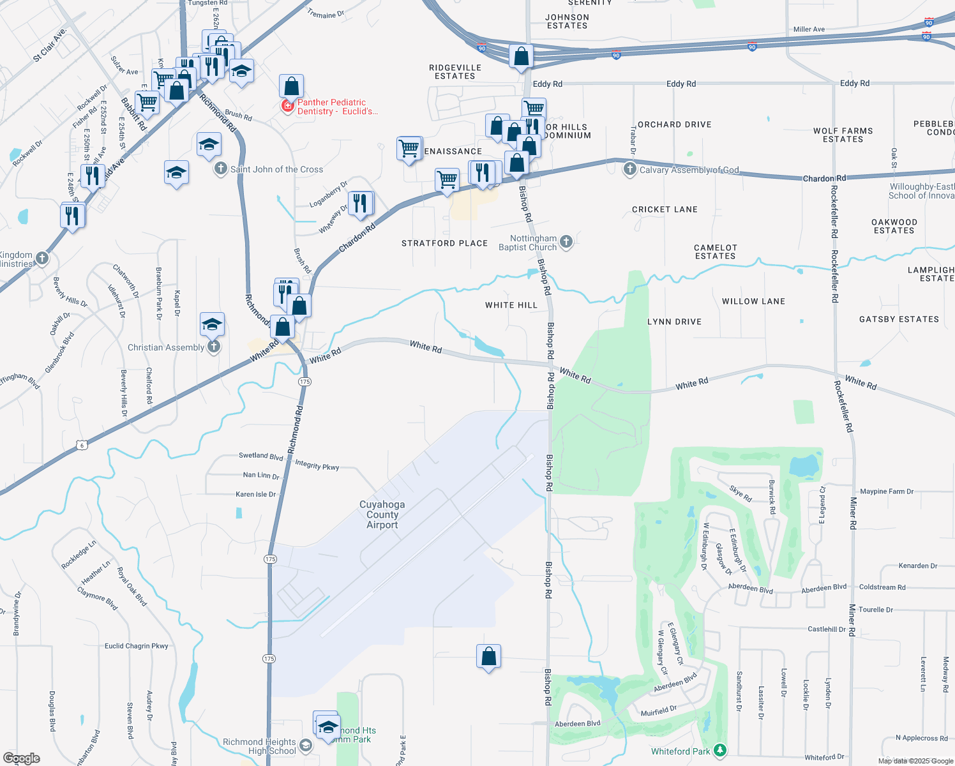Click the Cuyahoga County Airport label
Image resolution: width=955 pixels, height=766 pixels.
(382, 514)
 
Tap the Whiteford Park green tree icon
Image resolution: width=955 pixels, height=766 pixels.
(720, 750)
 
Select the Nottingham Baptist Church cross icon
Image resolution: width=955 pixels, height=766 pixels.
(566, 242)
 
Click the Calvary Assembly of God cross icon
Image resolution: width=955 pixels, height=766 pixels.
(630, 169)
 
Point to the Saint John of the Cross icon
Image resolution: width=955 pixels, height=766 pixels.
(220, 169)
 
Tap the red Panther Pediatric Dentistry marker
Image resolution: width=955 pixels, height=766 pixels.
(288, 107)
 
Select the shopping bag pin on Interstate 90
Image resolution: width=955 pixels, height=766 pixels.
(521, 56)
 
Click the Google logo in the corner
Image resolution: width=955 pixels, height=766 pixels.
(22, 758)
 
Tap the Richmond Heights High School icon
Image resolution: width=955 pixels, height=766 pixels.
(306, 746)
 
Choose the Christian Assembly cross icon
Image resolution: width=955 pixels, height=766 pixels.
(214, 347)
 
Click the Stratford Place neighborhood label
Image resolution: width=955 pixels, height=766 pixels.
(444, 243)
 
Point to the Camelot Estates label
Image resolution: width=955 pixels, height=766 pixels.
(715, 252)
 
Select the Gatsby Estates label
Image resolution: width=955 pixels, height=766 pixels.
(899, 319)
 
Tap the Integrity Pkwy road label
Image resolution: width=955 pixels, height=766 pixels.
(317, 465)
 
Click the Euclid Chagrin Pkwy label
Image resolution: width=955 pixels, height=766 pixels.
(137, 646)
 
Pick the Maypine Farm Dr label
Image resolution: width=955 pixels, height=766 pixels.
(887, 492)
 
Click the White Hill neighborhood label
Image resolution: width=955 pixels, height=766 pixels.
(511, 305)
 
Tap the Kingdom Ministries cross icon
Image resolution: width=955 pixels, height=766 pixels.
(42, 259)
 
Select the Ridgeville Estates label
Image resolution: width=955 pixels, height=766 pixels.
(455, 71)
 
